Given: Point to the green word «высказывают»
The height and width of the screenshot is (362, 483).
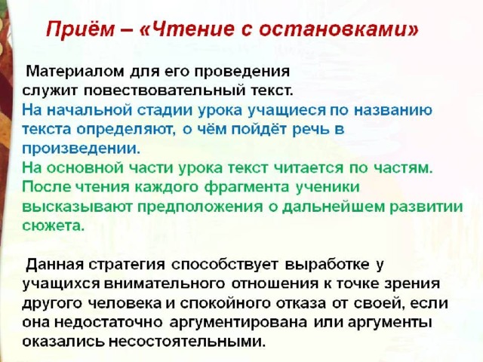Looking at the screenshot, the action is (x=78, y=207).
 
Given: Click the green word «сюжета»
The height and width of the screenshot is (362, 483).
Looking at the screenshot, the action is (x=53, y=226).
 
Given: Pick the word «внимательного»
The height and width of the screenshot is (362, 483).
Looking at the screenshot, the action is (x=165, y=284).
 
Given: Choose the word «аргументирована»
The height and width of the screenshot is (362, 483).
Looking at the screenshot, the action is (x=238, y=323).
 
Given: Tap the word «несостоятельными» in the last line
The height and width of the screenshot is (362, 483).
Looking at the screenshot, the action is (x=187, y=342).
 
